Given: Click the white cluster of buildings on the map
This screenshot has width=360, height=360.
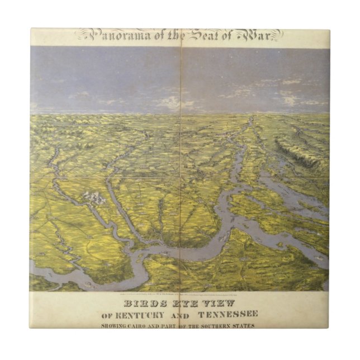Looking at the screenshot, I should [x=94, y=197].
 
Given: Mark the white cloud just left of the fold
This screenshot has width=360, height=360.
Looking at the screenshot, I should [x=167, y=103].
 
